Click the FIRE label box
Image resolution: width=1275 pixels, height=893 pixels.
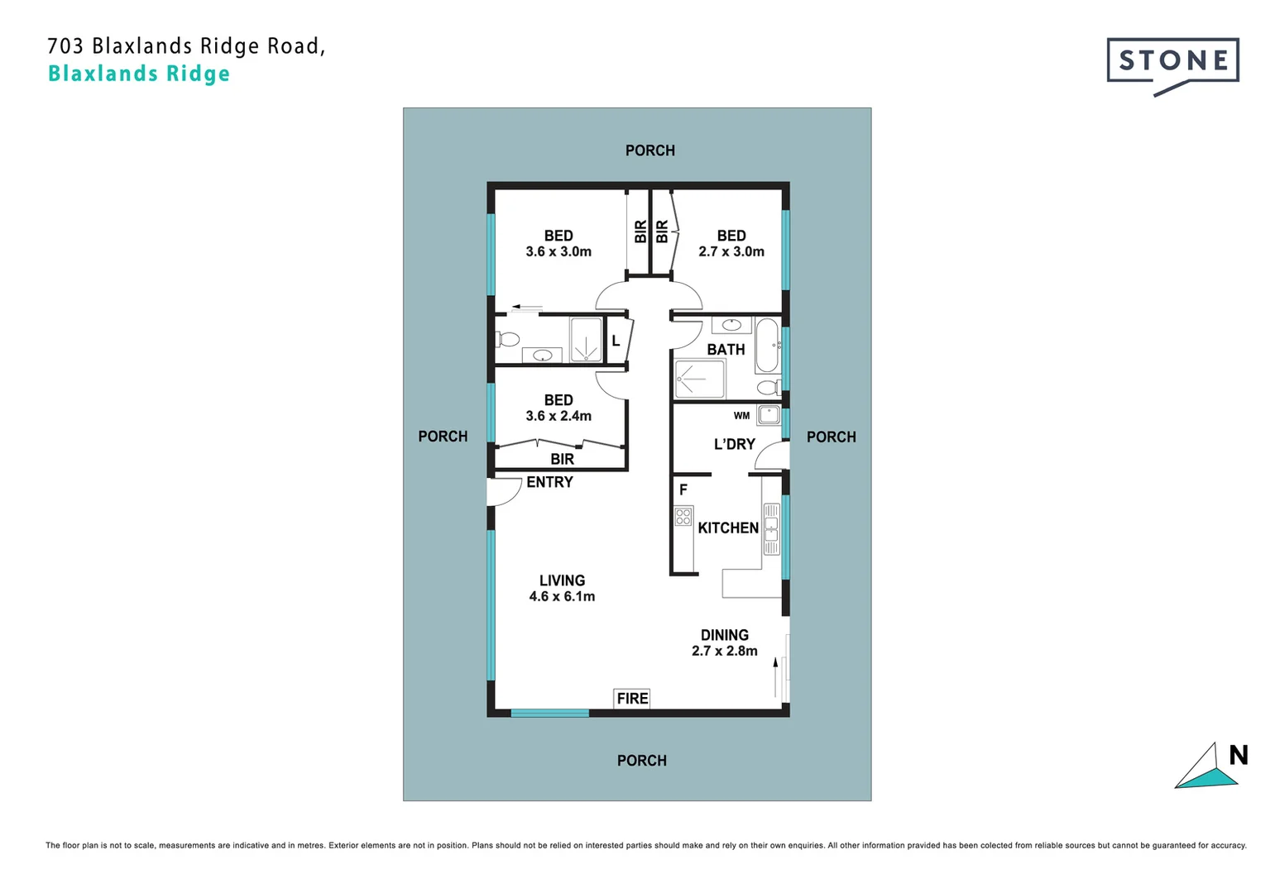[632, 699]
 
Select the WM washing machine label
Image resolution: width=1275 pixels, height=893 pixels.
[741, 416]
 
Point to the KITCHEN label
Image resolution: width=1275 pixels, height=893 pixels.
[728, 528]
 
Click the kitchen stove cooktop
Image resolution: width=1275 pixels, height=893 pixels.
[683, 518]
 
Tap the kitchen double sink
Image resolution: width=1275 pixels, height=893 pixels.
[771, 528]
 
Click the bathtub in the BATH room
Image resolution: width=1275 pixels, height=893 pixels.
[767, 345]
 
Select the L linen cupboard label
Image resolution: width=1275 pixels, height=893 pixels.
[616, 341]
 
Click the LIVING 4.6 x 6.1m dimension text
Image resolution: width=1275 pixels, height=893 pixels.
[562, 596]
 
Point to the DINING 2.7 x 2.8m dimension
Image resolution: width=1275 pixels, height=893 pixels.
[725, 651]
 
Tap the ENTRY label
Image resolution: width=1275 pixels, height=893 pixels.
[549, 482]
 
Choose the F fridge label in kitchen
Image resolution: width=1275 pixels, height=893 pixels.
[683, 490]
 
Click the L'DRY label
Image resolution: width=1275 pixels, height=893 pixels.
[735, 444]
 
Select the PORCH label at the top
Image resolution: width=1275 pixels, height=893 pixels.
[650, 150]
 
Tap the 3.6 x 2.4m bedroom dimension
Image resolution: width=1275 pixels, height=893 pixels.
[558, 416]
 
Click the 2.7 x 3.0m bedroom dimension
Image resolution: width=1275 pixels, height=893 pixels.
[731, 251]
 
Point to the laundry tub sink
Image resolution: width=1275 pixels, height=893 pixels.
[769, 415]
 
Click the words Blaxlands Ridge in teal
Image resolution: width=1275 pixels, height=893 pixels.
[139, 74]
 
